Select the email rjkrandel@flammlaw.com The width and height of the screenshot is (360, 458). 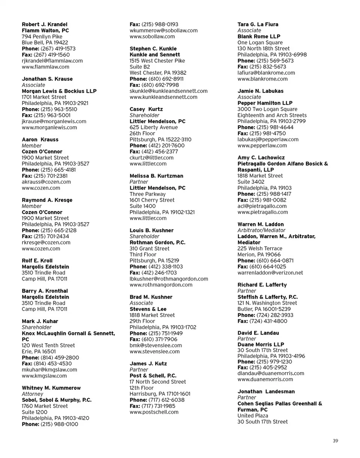tap(52, 61)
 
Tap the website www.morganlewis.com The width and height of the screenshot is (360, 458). tap(49, 128)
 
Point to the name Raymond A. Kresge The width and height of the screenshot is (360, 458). tap(47, 200)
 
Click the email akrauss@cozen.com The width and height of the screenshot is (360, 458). tap(46, 182)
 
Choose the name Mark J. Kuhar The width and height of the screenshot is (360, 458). tap(40, 321)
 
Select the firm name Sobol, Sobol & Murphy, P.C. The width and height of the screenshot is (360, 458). tap(57, 400)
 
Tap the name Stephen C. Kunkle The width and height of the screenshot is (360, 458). tap(153, 49)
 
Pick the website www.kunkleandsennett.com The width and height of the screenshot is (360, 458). tap(163, 97)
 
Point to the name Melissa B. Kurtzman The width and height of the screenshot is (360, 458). tap(156, 176)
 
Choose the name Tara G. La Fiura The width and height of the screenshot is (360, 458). tap(258, 24)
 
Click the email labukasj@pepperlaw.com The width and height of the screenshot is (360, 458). tap(268, 140)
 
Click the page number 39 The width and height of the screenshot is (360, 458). tap(335, 441)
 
